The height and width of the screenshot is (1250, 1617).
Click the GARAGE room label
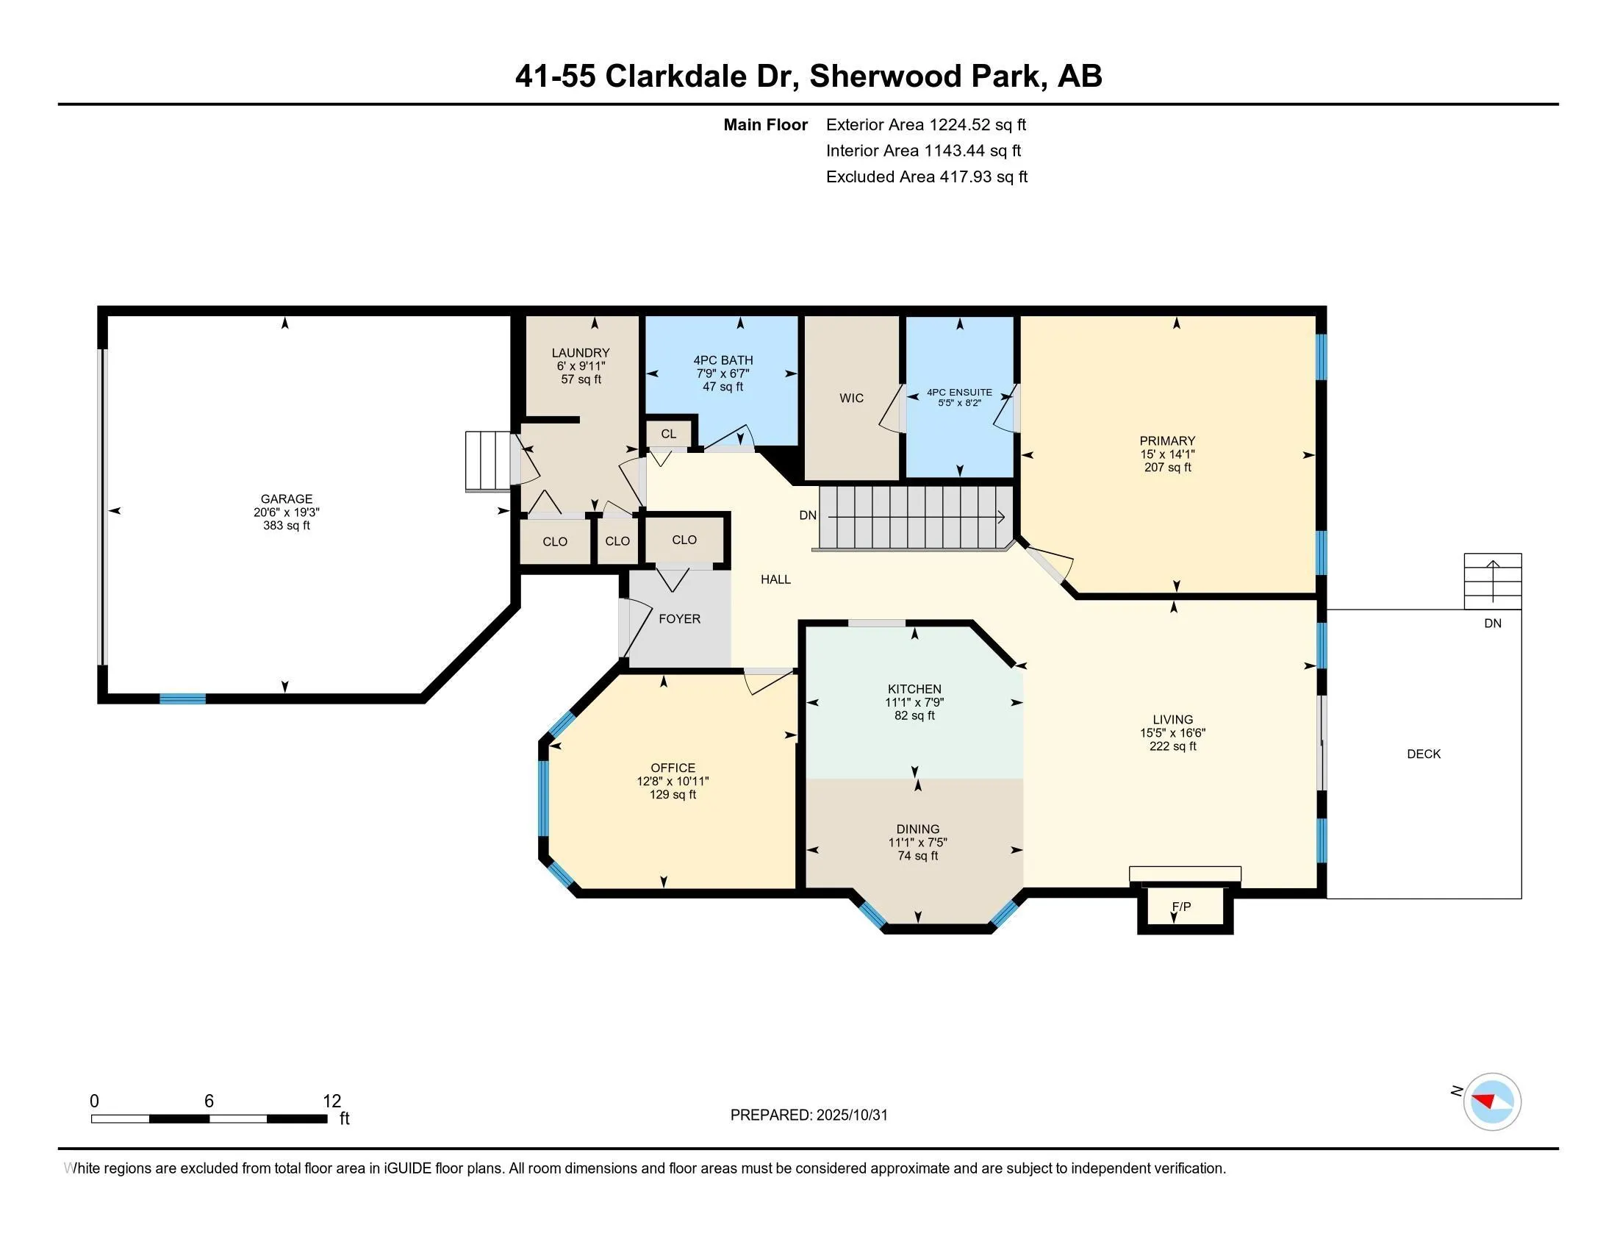(x=286, y=499)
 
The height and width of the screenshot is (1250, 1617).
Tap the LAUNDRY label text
(x=581, y=353)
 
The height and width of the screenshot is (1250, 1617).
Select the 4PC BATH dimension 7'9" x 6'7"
(x=723, y=374)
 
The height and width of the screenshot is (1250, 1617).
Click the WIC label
(x=851, y=399)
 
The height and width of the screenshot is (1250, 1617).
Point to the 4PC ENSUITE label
(x=958, y=393)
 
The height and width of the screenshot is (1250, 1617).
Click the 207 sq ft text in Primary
(x=1167, y=468)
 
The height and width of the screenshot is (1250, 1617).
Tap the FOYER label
(x=679, y=619)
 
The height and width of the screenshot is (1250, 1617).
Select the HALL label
(x=775, y=580)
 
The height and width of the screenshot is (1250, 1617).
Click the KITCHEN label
(x=914, y=690)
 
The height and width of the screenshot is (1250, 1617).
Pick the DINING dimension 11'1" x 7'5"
(x=917, y=843)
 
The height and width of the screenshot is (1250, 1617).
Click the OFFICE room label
(x=673, y=768)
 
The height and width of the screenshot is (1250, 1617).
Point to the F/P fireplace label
(x=1181, y=907)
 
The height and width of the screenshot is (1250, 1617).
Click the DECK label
(x=1423, y=754)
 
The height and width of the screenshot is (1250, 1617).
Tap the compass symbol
(x=1491, y=1102)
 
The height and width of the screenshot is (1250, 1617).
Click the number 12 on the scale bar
(x=331, y=1101)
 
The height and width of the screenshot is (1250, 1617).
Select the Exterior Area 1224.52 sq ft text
(x=925, y=125)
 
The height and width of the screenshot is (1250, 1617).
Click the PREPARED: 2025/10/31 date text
(x=808, y=1115)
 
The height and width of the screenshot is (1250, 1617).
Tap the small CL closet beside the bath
(x=669, y=434)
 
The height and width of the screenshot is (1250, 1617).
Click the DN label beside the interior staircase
(x=808, y=515)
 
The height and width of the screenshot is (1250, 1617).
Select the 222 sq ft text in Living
(x=1172, y=746)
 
